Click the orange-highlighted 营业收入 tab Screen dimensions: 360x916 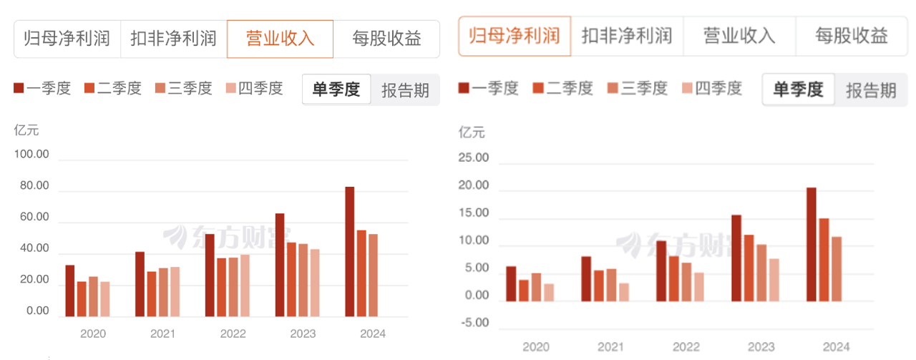pos(280,39)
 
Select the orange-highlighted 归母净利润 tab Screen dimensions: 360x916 pos(515,36)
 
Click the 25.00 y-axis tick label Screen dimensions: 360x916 pos(474,158)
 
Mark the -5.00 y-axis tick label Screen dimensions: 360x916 pos(474,323)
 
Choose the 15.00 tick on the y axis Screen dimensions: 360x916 pos(474,213)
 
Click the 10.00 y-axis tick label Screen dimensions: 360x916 pos(474,241)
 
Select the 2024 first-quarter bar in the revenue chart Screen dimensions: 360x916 pos(349,251)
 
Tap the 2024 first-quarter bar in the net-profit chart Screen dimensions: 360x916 pos(811,244)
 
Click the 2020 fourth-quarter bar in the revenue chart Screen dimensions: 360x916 pos(104,298)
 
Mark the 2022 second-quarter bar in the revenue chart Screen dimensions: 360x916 pos(221,287)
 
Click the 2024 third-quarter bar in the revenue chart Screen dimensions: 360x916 pos(373,275)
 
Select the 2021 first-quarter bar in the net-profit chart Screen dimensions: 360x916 pos(586,278)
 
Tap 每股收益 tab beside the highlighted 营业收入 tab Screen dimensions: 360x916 pos(386,39)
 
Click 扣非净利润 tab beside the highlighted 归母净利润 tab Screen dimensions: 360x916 pos(626,36)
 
